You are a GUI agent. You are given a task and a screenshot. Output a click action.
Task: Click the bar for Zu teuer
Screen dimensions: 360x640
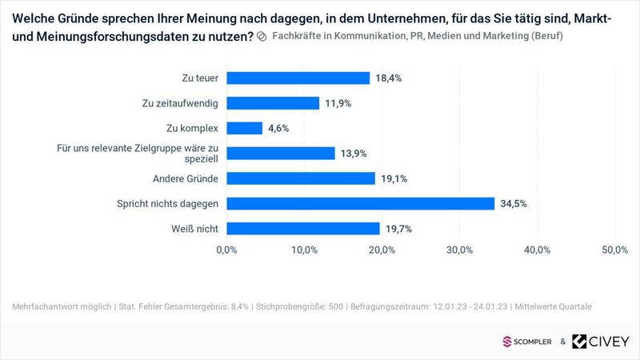pos(298,78)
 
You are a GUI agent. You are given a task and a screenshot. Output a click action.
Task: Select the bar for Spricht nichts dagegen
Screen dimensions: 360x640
pos(361,203)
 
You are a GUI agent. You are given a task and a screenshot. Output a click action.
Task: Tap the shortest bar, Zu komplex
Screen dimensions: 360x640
pos(245,128)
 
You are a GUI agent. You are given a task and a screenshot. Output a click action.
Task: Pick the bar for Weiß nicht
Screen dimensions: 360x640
pos(303,229)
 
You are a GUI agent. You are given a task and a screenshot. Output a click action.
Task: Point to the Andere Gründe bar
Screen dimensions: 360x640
pos(301,178)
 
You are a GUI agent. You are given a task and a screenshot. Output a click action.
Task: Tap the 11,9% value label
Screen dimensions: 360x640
pos(338,103)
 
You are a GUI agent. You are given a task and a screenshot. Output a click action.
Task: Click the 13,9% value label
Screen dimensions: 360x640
pos(354,153)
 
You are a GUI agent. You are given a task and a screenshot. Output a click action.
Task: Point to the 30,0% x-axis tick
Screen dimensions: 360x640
pos(460,250)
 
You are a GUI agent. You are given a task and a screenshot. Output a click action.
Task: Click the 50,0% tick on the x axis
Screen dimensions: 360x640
pos(614,250)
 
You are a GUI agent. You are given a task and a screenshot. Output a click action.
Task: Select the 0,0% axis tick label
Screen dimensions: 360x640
pos(227,250)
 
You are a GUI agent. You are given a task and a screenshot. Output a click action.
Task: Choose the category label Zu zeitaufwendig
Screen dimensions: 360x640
pos(181,103)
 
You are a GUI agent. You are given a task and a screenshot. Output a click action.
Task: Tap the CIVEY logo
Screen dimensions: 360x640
pos(600,342)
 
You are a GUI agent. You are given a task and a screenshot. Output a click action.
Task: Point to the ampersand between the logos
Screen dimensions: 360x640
pos(563,342)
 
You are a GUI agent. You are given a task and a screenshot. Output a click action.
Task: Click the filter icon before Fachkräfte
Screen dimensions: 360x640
pos(261,37)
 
